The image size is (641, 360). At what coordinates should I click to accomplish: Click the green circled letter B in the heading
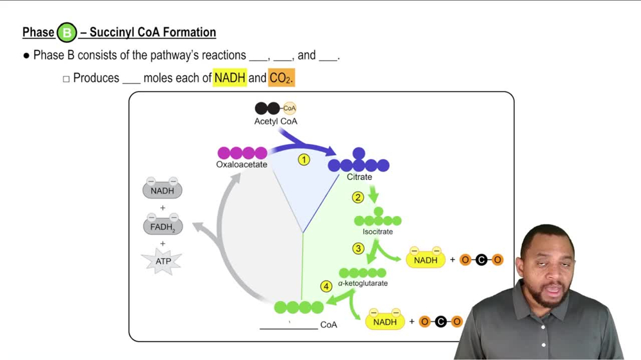pos(67,32)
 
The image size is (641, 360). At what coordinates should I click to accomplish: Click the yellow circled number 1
pos(304,160)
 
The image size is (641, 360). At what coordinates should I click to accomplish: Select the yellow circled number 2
pos(358,197)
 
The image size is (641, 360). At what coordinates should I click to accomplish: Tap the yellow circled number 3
pos(358,249)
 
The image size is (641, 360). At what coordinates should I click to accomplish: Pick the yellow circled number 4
pos(326,286)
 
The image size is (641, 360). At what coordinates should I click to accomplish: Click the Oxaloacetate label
pos(242,165)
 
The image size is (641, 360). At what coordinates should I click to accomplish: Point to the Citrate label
pos(359,177)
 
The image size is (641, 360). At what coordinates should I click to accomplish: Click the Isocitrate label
pos(378,231)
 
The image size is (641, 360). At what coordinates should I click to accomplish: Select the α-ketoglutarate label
pos(363,283)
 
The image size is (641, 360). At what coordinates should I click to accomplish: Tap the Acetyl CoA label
pos(276,121)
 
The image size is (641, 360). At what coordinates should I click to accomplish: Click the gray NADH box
pos(162,191)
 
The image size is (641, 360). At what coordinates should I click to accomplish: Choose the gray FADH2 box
pos(162,227)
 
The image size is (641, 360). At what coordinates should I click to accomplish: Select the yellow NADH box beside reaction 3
pos(426,260)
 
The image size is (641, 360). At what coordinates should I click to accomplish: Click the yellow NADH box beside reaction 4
pos(385,322)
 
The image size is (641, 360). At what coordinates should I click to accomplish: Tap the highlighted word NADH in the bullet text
pos(230,78)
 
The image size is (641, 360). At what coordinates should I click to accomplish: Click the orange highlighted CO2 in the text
pos(281,78)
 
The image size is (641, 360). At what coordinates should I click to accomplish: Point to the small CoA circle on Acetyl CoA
pos(289,108)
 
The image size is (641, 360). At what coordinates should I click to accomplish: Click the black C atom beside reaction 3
pos(481,260)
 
